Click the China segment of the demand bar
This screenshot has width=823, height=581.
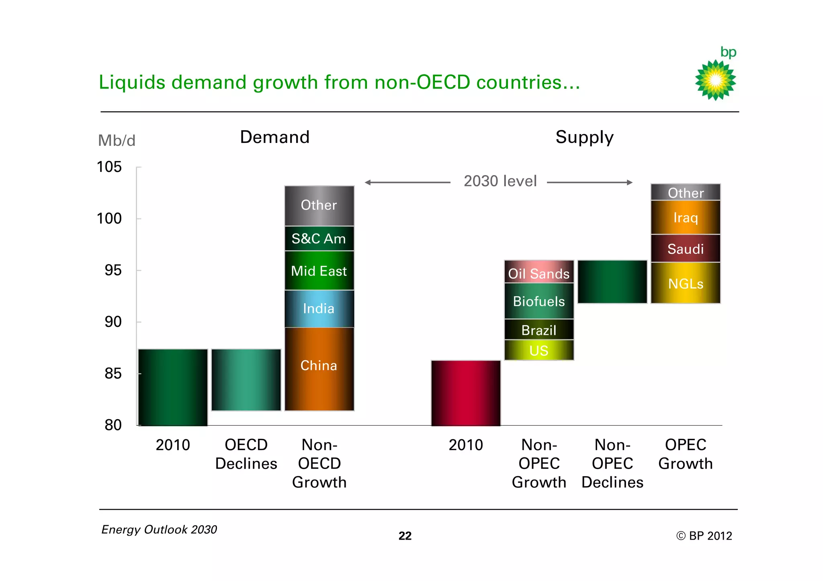319,369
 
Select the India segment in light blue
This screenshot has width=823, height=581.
319,308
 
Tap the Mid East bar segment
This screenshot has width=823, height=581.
319,271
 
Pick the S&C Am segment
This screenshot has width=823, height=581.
319,239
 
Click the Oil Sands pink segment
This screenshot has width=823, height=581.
538,272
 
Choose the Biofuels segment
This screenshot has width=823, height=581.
538,301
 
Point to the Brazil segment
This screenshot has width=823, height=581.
538,330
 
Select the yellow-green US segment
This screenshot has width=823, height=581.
538,350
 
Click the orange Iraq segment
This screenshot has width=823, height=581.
685,217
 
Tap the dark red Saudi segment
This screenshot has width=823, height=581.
685,249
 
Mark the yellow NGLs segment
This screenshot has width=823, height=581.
685,283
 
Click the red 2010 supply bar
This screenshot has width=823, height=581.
465,393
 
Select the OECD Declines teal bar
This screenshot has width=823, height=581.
246,379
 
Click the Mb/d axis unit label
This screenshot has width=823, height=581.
117,141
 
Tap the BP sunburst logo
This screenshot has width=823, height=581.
715,80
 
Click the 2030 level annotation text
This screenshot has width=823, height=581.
500,181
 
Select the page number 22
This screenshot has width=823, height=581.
405,536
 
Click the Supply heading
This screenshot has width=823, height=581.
584,137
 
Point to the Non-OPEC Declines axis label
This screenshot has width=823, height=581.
612,463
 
